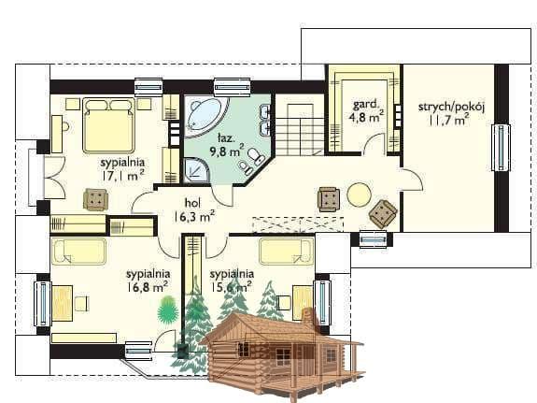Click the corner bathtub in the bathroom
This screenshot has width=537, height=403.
pos(205,117)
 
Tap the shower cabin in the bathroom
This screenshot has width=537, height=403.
pos(196,170)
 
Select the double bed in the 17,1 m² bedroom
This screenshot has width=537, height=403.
pos(108,125)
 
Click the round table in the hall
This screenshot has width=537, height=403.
pos(359,194)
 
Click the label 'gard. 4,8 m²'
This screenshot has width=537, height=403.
pos(366,110)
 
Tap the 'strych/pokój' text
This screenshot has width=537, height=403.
pos(451,107)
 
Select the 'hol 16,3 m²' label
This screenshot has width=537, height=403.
pos(194,209)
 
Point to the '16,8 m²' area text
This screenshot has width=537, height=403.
pos(148,286)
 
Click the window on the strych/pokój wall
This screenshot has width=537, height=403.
pos(501,147)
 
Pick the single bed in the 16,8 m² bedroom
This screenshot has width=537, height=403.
pos(79,252)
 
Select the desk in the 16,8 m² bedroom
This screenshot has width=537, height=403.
pos(63,303)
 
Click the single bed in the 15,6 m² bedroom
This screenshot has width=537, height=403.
pos(287,252)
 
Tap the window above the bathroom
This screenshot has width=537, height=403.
pos(233,87)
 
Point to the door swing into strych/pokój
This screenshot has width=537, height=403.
pos(413,179)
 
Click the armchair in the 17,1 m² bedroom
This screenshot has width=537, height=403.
pos(96,199)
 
